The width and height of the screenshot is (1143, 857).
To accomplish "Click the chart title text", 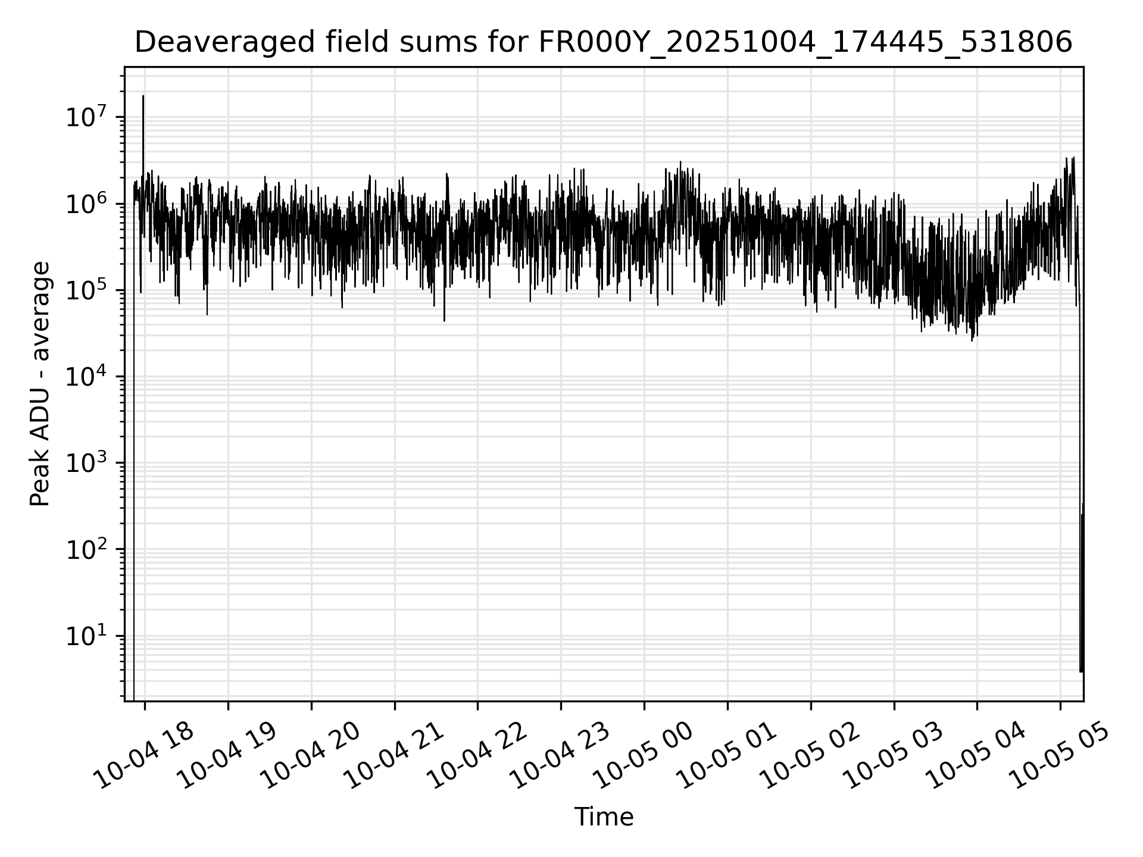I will [x=603, y=43].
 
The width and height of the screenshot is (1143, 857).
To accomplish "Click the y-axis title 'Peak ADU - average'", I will [x=40, y=384].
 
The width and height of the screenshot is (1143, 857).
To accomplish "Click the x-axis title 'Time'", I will [x=603, y=817].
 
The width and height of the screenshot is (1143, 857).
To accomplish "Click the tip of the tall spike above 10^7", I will [x=143, y=96].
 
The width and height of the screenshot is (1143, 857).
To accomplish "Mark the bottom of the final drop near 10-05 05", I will [x=1081, y=671].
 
